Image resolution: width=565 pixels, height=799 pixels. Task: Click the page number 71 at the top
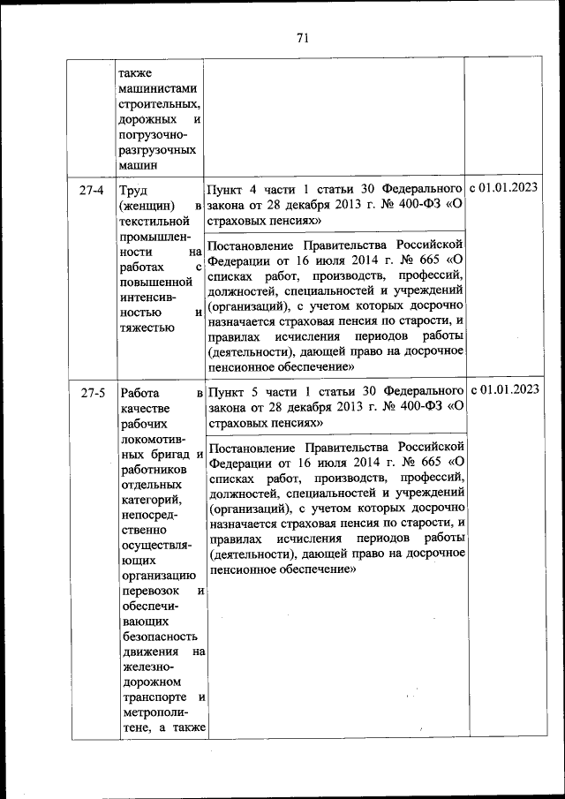pyautogui.click(x=302, y=37)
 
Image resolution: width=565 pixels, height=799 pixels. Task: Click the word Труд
pyautogui.click(x=134, y=191)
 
